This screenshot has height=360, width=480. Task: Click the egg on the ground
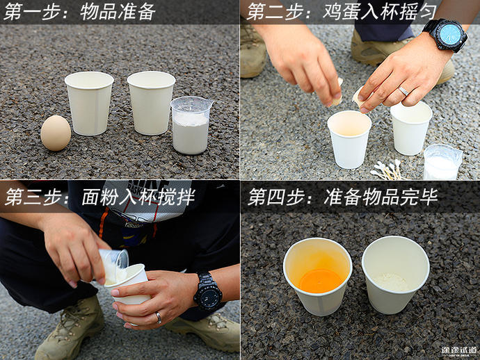(56, 133)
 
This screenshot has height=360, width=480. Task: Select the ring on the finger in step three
(159, 317)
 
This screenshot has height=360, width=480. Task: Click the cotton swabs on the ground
(389, 170)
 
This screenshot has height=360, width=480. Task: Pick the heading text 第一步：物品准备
(81, 12)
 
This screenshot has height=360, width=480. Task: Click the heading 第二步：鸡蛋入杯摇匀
(333, 12)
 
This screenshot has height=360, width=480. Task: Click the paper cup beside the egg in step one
(89, 103)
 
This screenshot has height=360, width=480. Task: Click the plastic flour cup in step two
(442, 162)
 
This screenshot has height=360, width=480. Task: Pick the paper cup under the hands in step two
(349, 138)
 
